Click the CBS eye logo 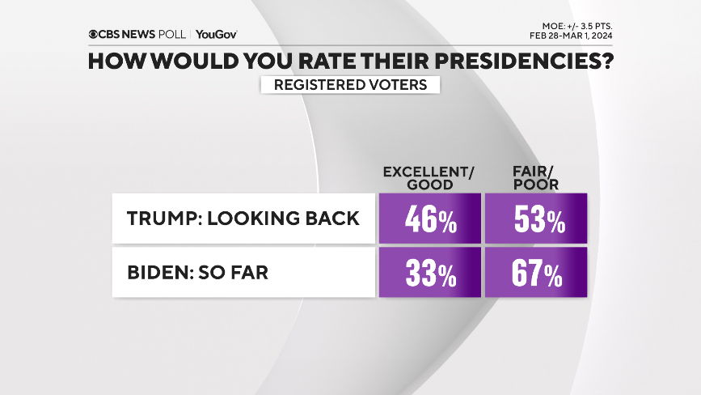click(94, 35)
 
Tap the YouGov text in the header click(216, 35)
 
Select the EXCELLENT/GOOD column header click(428, 178)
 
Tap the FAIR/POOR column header click(534, 178)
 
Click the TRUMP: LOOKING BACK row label click(243, 219)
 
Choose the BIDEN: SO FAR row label click(243, 273)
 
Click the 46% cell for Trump click(429, 219)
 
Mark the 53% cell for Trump click(535, 219)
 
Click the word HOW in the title click(114, 62)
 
